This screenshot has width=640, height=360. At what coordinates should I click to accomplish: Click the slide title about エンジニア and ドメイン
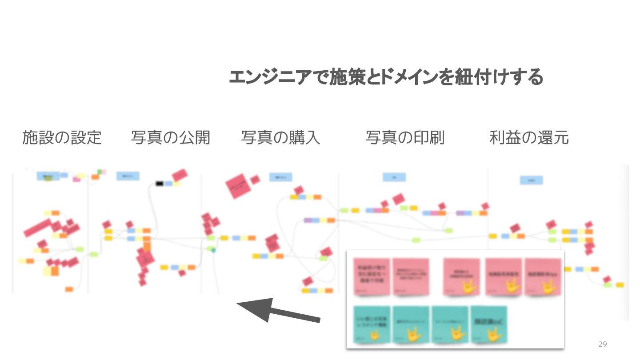point(386,77)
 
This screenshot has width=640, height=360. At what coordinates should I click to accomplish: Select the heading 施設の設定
point(62,138)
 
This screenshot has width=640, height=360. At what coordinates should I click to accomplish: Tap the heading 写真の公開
point(170,138)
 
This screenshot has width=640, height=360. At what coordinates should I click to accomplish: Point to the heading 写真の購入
point(280,138)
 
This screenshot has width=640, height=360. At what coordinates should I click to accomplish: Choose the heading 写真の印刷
point(405,138)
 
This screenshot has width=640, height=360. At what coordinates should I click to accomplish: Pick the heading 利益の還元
point(529,138)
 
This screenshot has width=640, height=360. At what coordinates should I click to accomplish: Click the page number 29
point(602,344)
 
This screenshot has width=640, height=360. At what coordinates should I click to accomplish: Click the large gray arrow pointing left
point(278,311)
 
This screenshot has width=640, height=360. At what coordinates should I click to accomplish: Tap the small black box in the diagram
point(160,183)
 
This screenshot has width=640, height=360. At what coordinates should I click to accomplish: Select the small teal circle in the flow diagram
point(213,250)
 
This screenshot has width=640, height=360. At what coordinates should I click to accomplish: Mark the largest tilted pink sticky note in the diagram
point(239,186)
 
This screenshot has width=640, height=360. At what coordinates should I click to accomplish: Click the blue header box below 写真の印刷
point(394,177)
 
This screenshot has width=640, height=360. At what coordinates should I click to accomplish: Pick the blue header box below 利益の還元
point(532,180)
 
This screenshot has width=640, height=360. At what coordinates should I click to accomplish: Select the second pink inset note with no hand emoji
point(411,277)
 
